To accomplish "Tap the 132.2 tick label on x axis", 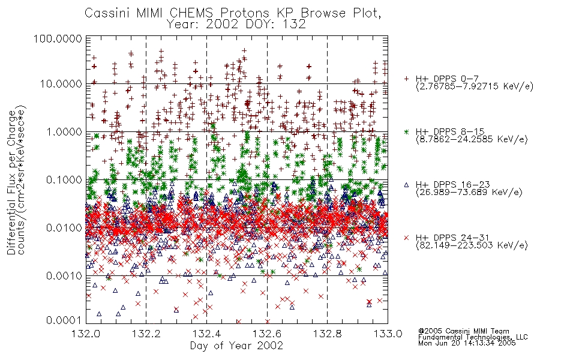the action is pyautogui.click(x=146, y=334).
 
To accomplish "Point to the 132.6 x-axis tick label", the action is pyautogui.click(x=267, y=334).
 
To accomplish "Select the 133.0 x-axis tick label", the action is pyautogui.click(x=388, y=334).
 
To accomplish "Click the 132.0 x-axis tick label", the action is pyautogui.click(x=86, y=334).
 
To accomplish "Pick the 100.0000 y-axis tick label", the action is pyautogui.click(x=58, y=38).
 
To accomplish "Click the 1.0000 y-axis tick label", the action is pyautogui.click(x=64, y=131).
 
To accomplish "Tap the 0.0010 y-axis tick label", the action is pyautogui.click(x=64, y=275).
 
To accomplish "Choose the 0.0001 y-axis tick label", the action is pyautogui.click(x=64, y=320).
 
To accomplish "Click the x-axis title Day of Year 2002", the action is pyautogui.click(x=236, y=345).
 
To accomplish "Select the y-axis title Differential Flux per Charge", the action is pyautogui.click(x=12, y=183).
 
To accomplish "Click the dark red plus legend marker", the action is pyautogui.click(x=406, y=79).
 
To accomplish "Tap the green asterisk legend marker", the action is pyautogui.click(x=406, y=131).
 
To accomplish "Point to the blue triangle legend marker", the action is pyautogui.click(x=406, y=185).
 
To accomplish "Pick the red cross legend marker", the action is pyautogui.click(x=406, y=238).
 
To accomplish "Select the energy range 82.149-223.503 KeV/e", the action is pyautogui.click(x=472, y=245).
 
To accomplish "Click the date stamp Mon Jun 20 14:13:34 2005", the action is pyautogui.click(x=467, y=343).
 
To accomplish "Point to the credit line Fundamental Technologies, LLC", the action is pyautogui.click(x=473, y=337).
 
